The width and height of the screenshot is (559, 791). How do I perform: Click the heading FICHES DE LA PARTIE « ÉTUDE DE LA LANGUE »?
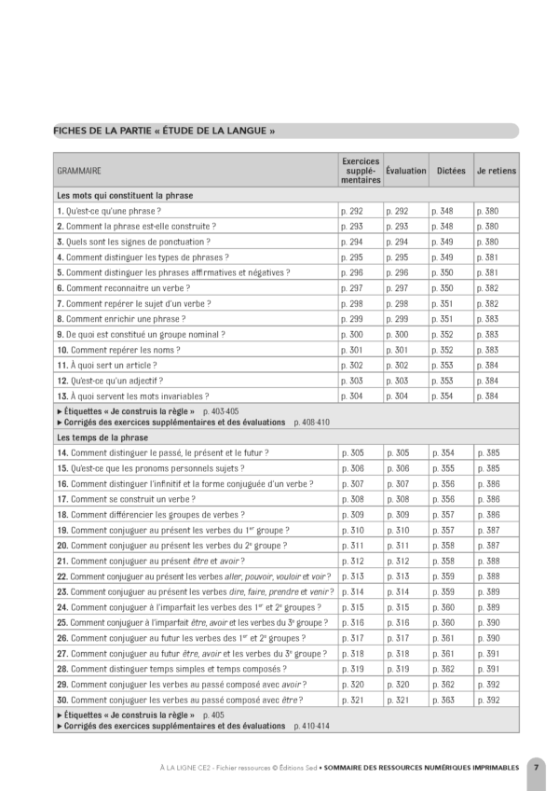tap(164, 131)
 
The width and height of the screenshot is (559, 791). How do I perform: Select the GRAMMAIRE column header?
tap(79, 171)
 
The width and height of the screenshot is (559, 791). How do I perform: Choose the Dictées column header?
tap(451, 171)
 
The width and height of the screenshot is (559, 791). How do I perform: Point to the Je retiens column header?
tap(497, 171)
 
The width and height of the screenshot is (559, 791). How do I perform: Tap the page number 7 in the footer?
tap(537, 767)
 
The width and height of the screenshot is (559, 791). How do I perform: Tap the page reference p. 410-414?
tap(313, 725)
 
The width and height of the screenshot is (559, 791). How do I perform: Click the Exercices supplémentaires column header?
tap(358, 171)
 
